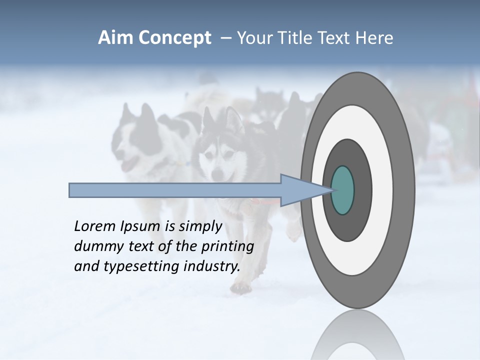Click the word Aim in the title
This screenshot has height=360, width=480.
click(116, 38)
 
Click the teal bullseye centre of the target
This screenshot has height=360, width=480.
click(343, 190)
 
